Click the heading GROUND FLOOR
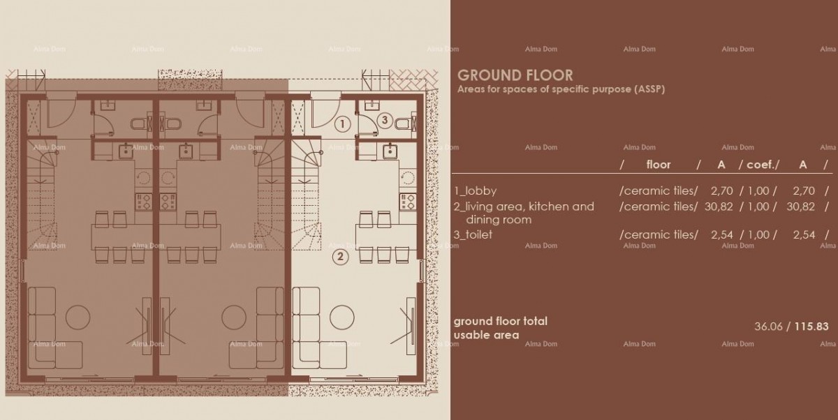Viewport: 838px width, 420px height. (515, 75)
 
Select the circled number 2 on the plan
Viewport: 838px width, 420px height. (340, 256)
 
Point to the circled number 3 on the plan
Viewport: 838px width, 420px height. (383, 120)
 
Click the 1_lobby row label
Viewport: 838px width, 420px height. (476, 190)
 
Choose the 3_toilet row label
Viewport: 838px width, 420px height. (473, 234)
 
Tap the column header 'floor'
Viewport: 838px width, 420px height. (658, 165)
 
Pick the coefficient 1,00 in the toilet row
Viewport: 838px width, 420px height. (763, 234)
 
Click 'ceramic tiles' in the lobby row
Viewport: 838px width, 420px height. (659, 190)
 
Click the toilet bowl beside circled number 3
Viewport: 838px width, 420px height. (403, 124)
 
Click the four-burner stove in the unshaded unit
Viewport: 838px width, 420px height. (409, 202)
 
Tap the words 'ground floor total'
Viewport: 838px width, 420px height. (500, 321)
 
